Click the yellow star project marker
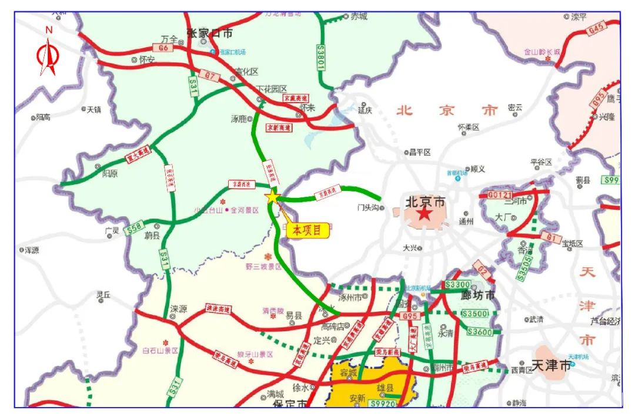tap(272, 197)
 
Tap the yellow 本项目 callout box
tap(307, 230)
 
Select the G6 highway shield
tap(163, 47)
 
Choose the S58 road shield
tap(135, 227)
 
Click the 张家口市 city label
tap(210, 33)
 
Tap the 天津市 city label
tap(551, 365)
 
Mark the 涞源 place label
tap(178, 308)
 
